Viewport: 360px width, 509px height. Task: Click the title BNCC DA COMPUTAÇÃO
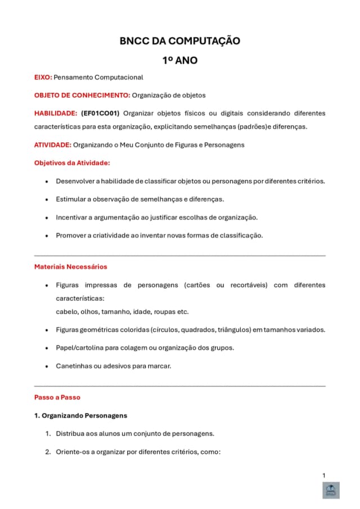tap(180, 41)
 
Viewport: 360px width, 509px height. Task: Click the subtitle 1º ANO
tap(180, 60)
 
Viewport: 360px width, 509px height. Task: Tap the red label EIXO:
tap(43, 77)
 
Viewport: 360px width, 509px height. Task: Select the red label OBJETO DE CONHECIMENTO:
tap(82, 95)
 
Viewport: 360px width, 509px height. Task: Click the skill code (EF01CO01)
tap(100, 113)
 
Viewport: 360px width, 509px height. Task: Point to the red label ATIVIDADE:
tap(53, 145)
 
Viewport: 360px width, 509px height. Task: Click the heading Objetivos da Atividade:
tap(72, 163)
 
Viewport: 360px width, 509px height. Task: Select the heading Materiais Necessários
tap(71, 267)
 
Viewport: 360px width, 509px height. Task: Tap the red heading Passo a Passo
tap(57, 397)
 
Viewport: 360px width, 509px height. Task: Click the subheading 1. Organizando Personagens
tap(80, 416)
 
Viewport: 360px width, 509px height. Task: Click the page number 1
tap(324, 476)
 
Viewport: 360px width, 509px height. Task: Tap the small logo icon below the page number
tap(330, 490)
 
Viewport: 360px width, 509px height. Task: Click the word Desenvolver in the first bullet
tap(75, 181)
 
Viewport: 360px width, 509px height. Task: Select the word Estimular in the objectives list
tap(70, 199)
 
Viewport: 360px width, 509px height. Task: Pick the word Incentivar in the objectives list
tap(71, 217)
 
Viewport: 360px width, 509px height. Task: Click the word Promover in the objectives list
tap(70, 235)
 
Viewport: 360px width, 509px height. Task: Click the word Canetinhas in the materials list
tap(74, 366)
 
